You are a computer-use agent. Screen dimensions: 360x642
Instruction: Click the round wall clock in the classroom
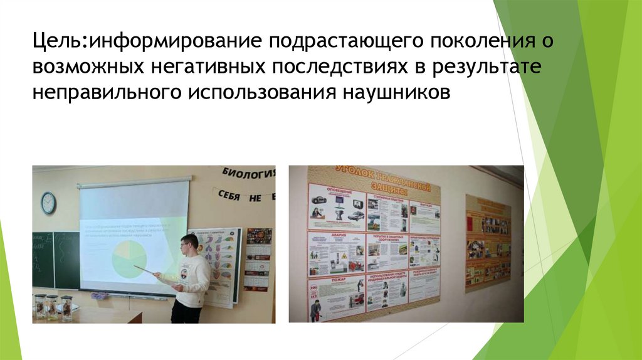(x=48, y=203)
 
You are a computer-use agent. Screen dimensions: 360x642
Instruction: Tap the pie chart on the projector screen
(x=129, y=259)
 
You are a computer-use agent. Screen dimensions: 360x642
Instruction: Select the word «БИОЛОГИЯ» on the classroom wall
(x=248, y=174)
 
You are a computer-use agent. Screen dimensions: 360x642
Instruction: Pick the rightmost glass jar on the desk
(x=66, y=307)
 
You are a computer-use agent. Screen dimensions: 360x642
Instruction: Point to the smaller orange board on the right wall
(x=487, y=243)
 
